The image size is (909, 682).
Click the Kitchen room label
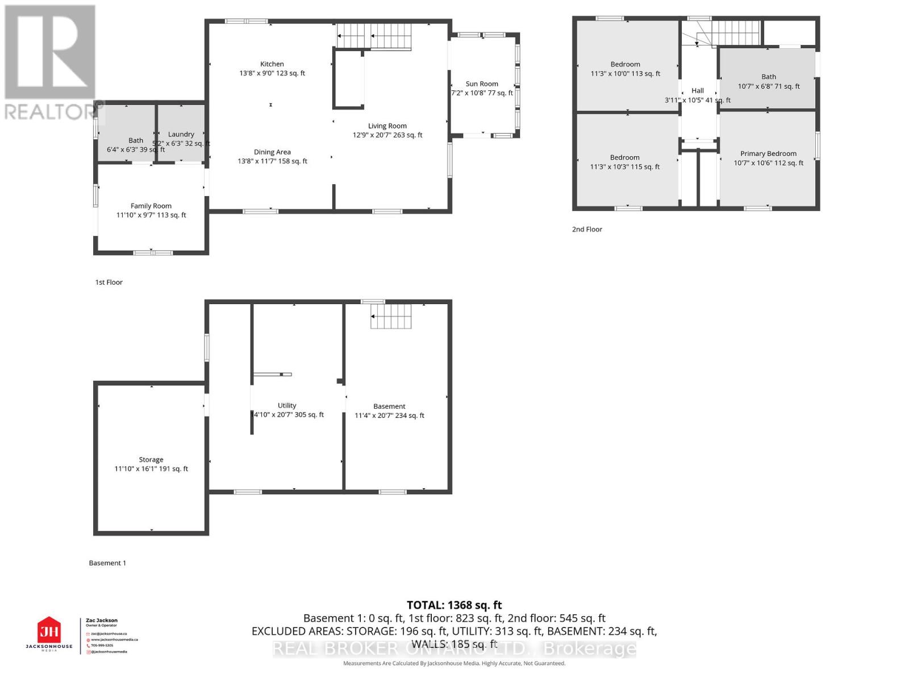(x=272, y=64)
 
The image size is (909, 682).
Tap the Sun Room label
(x=482, y=84)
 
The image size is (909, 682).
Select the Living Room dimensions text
(x=387, y=135)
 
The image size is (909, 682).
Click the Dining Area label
(x=272, y=152)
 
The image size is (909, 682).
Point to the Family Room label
(x=151, y=206)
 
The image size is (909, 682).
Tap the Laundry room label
(x=181, y=134)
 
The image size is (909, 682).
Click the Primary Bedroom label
(x=768, y=153)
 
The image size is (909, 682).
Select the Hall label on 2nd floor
(x=698, y=90)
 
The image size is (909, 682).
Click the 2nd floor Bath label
(x=769, y=77)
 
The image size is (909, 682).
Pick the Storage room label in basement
(x=151, y=459)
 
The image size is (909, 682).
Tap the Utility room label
(x=287, y=405)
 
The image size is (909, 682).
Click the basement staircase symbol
(x=391, y=316)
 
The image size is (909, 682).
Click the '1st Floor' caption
(x=109, y=282)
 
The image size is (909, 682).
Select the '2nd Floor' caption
(x=587, y=229)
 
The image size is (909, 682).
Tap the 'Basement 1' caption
(x=107, y=563)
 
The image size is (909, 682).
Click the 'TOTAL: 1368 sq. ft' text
(x=454, y=605)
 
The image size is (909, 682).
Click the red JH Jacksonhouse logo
(x=49, y=631)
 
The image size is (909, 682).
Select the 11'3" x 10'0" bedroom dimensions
(x=625, y=74)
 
